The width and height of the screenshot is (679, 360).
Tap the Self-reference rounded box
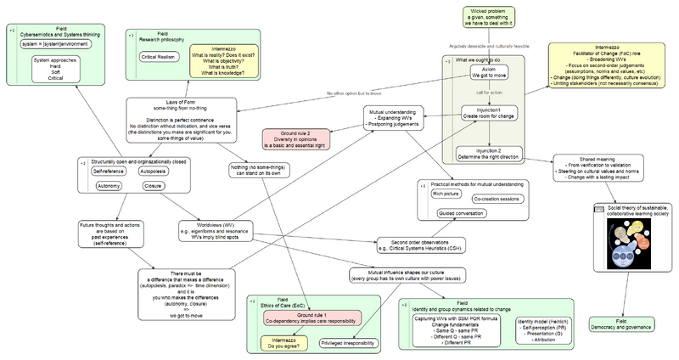tap(108, 171)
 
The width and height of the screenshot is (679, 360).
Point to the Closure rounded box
tap(153, 184)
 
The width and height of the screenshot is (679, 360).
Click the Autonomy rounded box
tap(108, 184)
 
